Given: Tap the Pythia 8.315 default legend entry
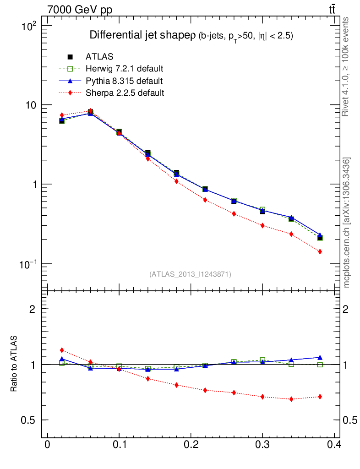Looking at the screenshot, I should (x=124, y=81).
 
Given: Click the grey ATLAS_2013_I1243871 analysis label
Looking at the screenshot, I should (x=190, y=274).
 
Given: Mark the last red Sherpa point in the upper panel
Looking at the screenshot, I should (x=320, y=251).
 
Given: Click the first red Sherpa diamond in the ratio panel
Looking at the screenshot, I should (x=62, y=350).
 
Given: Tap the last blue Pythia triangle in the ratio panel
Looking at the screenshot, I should (x=320, y=357).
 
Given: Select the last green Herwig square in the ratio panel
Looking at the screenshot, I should (x=320, y=365).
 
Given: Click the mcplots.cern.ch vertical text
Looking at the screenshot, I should (x=347, y=223).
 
